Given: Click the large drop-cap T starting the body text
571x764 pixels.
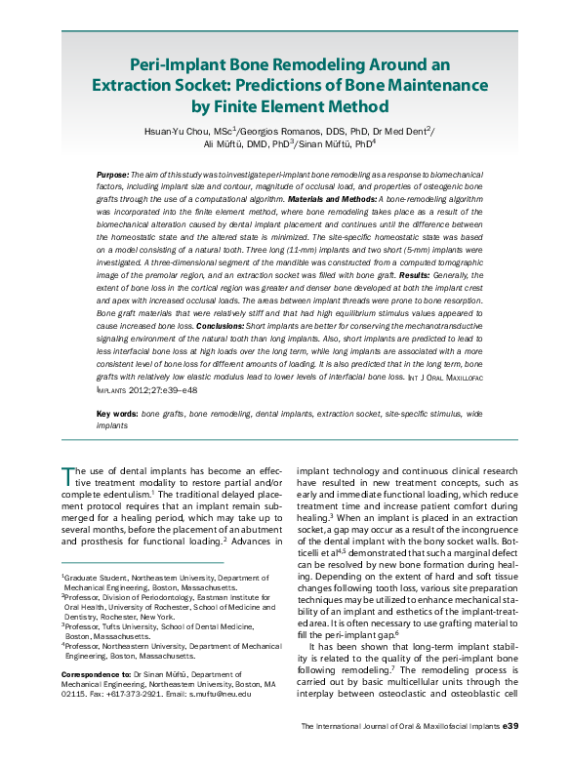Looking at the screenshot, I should pyautogui.click(x=65, y=475).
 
